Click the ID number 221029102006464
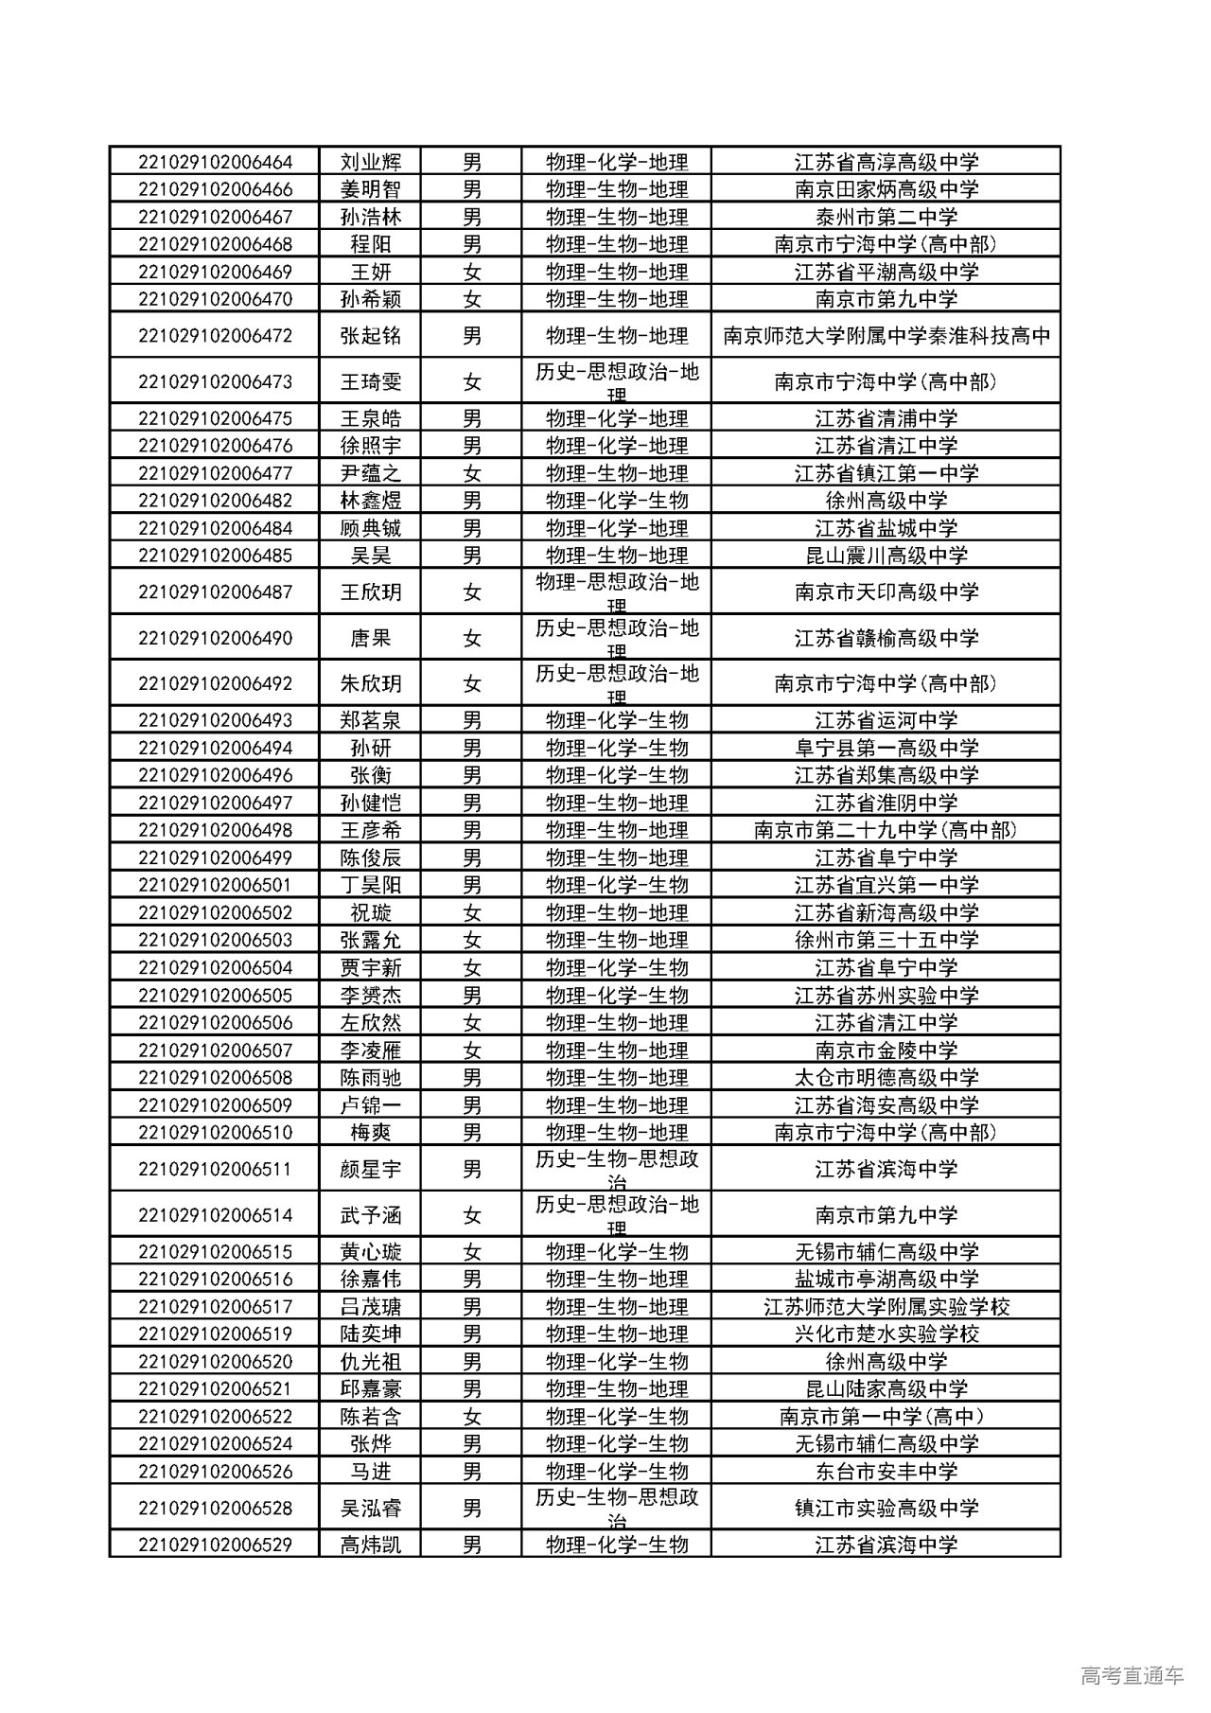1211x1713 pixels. point(215,162)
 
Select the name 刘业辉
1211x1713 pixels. point(371,162)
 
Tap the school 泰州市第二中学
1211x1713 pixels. point(886,217)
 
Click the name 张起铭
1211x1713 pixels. point(371,336)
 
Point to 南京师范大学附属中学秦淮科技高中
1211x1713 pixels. point(886,336)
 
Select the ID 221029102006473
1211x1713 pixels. point(215,382)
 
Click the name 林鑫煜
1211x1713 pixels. point(371,501)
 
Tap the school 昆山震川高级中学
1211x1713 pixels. point(886,556)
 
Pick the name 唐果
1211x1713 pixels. point(371,638)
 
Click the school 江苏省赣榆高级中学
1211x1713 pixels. point(886,638)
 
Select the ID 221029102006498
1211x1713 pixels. point(215,830)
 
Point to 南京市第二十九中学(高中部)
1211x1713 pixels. point(886,830)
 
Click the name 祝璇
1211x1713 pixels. point(371,912)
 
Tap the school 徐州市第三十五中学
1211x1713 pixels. point(886,940)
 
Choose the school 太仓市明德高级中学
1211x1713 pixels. point(886,1077)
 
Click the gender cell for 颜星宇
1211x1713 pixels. point(472,1169)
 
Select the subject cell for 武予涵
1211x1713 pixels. point(616,1214)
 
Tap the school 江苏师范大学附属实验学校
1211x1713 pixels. point(886,1307)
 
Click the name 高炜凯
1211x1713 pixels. point(371,1545)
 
